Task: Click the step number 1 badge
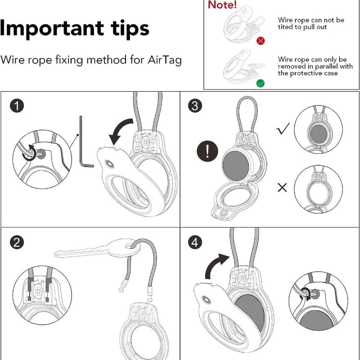point(17,106)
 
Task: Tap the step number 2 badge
point(17,242)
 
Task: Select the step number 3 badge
point(195,106)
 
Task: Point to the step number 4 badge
point(195,242)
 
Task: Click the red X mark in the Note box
point(261,41)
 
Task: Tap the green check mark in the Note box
point(261,83)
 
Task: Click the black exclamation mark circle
point(207,151)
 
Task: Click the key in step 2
point(96,249)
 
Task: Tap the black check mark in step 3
point(283,129)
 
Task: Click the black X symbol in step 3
point(282,188)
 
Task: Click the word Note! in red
point(222,5)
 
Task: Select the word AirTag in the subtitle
point(165,60)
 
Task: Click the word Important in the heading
point(52,29)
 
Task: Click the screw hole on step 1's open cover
point(109,164)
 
